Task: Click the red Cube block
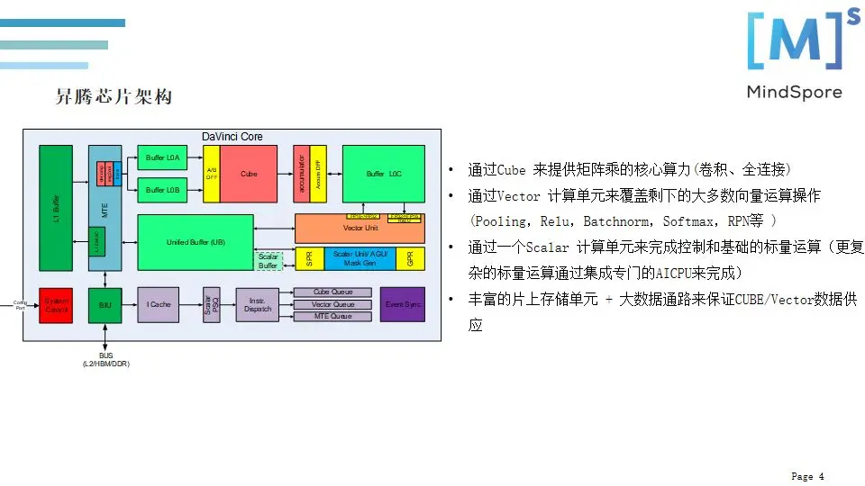point(249,174)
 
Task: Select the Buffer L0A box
point(162,158)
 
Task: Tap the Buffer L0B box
point(162,190)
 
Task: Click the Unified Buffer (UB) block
point(196,242)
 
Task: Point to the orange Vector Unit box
point(360,229)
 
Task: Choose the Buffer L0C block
point(383,174)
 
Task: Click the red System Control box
point(57,305)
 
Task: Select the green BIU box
point(105,305)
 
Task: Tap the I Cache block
point(159,305)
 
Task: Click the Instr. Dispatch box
point(258,305)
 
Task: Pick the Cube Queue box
point(332,292)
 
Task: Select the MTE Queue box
point(332,317)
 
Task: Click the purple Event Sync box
point(402,305)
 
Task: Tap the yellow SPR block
point(309,258)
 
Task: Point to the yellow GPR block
point(410,258)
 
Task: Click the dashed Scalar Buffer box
point(269,261)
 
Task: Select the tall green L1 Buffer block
point(56,208)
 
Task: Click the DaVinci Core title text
point(232,137)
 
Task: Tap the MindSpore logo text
point(794,92)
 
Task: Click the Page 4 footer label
point(807,476)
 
